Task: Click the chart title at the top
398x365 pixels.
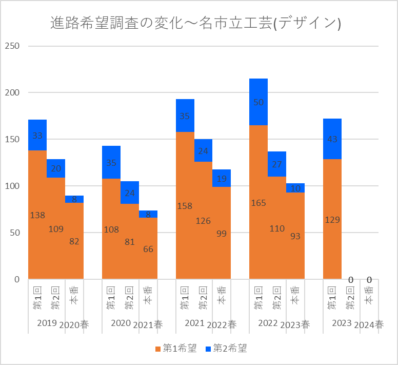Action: tap(196, 23)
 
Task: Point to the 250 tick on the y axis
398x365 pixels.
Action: tap(12, 46)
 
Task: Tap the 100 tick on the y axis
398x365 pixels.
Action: tap(12, 186)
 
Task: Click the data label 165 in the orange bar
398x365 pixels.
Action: tap(258, 203)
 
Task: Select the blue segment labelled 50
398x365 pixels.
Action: tap(258, 102)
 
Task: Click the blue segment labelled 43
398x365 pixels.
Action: tap(332, 139)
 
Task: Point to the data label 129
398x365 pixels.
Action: tap(332, 220)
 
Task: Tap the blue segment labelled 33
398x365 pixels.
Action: tap(37, 136)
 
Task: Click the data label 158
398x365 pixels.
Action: tap(185, 206)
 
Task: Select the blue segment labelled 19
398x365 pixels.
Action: tap(222, 178)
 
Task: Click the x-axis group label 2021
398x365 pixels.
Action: tap(194, 323)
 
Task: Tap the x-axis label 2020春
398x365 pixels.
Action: tap(74, 324)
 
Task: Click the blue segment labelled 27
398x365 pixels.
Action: tap(277, 164)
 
